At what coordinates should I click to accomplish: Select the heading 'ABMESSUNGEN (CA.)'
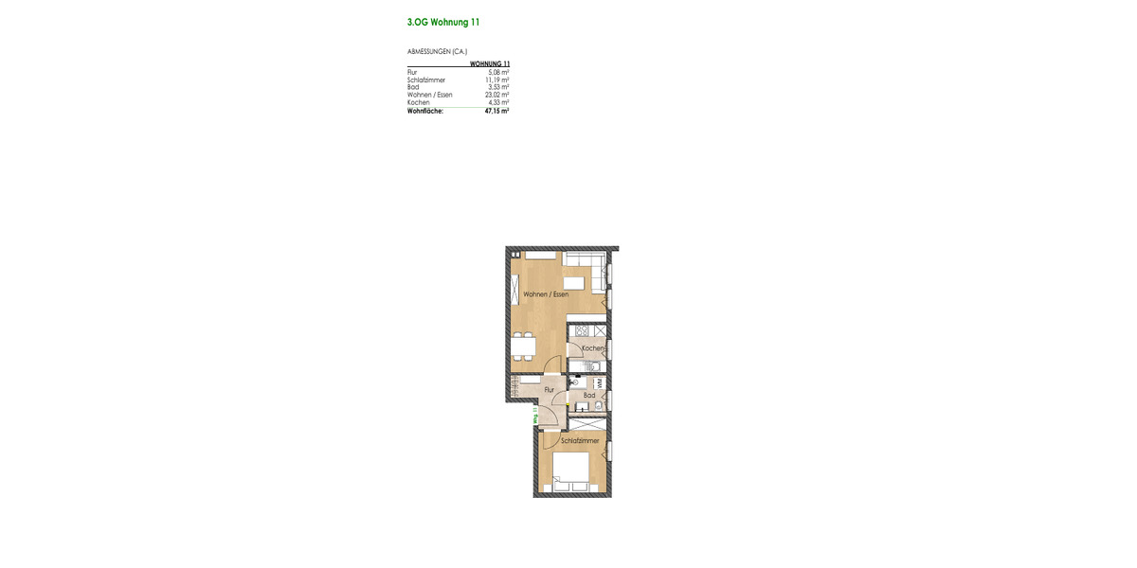[437, 51]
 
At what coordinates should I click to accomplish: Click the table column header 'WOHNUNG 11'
[490, 63]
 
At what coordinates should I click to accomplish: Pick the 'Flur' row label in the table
[412, 72]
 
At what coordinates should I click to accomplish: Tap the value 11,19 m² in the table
[496, 80]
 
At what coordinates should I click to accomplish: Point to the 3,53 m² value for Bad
[498, 87]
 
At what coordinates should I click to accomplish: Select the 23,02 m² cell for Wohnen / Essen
[496, 95]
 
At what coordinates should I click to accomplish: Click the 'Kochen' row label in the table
[418, 102]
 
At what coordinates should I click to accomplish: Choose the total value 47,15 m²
[496, 111]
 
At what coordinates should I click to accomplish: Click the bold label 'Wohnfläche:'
[424, 111]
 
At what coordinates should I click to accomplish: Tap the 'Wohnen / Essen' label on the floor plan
[546, 294]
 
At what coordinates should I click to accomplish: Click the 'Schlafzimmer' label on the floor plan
[580, 440]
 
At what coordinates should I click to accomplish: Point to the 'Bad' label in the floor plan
[589, 395]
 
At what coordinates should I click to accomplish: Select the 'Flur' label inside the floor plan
[549, 389]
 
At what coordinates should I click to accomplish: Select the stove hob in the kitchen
[580, 330]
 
